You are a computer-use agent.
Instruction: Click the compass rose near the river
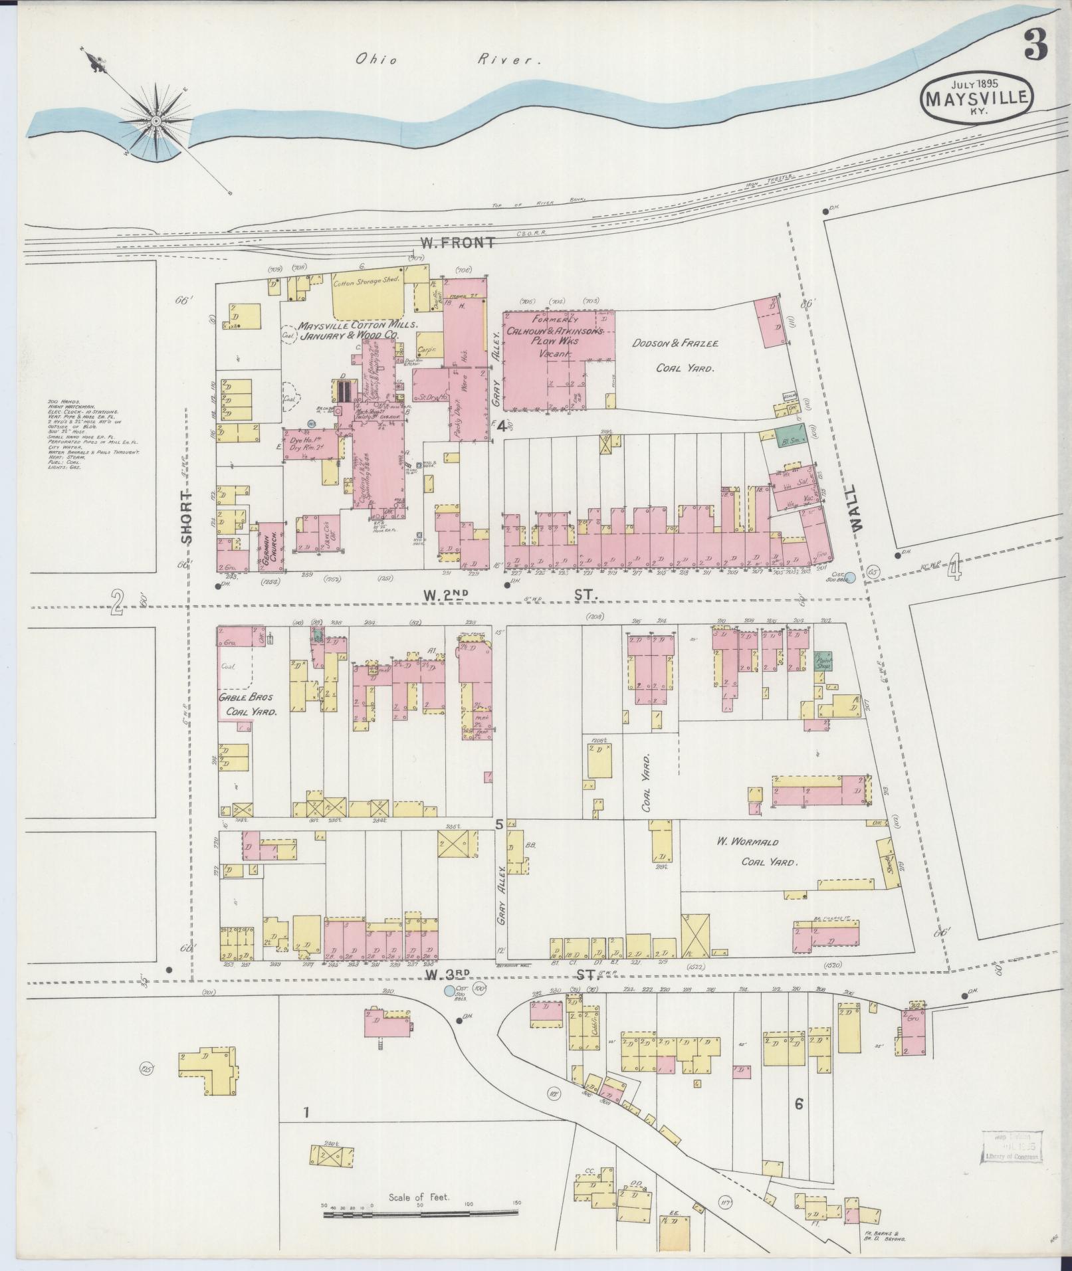pos(156,121)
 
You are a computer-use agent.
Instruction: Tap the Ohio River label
pos(445,60)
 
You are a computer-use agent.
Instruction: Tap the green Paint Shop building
pos(824,660)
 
